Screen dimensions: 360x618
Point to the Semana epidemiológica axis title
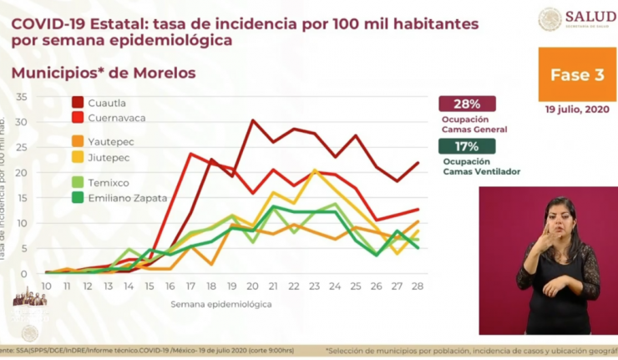(221, 305)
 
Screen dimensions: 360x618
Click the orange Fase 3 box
(577, 74)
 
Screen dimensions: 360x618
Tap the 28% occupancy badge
(467, 104)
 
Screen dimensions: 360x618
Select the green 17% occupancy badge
(467, 147)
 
